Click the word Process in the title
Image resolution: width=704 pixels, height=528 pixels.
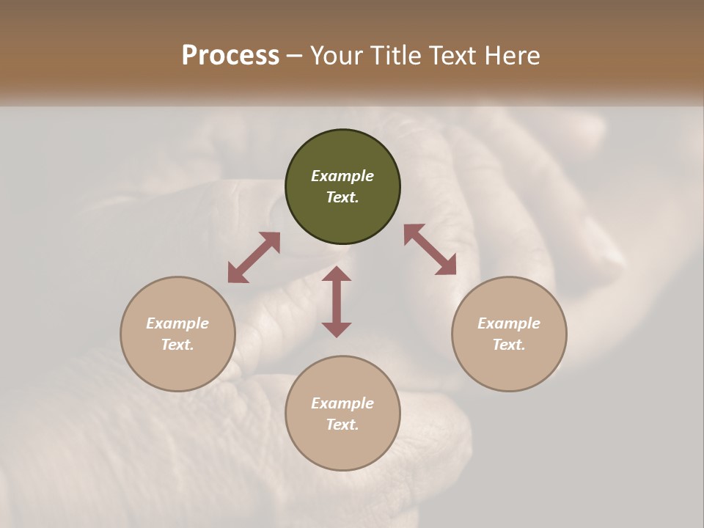pyautogui.click(x=230, y=56)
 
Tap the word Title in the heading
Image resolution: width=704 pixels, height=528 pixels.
pyautogui.click(x=395, y=56)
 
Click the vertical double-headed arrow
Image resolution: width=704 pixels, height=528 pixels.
pyautogui.click(x=337, y=302)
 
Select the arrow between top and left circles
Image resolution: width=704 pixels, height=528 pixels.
pyautogui.click(x=254, y=257)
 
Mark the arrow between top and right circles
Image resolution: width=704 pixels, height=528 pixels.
pyautogui.click(x=430, y=249)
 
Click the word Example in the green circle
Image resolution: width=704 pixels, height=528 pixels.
pyautogui.click(x=342, y=176)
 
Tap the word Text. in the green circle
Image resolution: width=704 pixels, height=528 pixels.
pyautogui.click(x=342, y=198)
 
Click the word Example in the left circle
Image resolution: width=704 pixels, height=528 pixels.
pyautogui.click(x=177, y=323)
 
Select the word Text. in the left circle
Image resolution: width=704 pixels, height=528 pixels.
pyautogui.click(x=177, y=345)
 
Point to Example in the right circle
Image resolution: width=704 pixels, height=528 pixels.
pyautogui.click(x=509, y=323)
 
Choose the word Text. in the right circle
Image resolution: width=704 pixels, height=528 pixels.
pyautogui.click(x=509, y=345)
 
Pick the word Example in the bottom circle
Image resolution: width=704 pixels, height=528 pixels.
pyautogui.click(x=342, y=403)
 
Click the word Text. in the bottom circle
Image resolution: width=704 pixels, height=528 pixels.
pyautogui.click(x=342, y=425)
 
